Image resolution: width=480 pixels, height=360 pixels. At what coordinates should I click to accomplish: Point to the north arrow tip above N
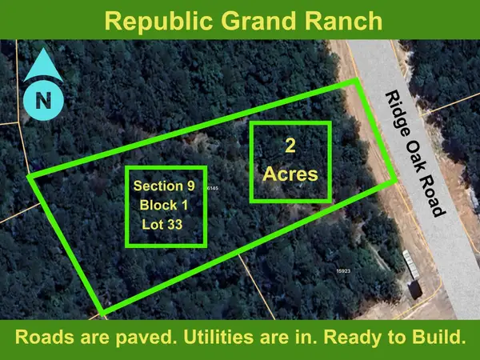pos(39,53)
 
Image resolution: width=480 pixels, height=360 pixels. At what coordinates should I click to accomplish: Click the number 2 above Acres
pos(290,147)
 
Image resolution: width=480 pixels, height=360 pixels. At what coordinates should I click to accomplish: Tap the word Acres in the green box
pos(290,174)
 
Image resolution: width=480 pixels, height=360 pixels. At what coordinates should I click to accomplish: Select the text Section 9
pos(166,186)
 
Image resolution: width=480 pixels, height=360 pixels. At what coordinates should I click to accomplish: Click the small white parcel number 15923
pos(343,272)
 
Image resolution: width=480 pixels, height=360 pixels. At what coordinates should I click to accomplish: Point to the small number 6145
pos(213,187)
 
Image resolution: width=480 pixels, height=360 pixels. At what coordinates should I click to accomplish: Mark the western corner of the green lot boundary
pos(30,175)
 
